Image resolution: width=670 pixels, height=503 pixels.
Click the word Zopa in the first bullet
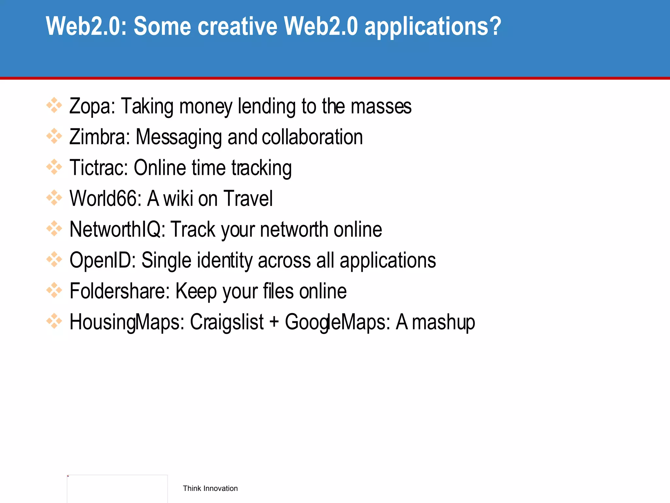[92, 106]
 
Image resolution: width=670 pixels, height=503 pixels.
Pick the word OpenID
[102, 260]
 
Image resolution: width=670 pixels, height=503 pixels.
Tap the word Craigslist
[227, 322]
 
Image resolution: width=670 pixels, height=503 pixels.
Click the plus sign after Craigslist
[274, 322]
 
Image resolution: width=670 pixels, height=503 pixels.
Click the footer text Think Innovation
[210, 488]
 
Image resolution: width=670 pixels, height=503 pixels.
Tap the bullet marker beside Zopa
[54, 105]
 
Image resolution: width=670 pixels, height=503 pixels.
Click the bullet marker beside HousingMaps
[54, 321]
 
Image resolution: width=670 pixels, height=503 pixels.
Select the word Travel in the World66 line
[248, 198]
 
